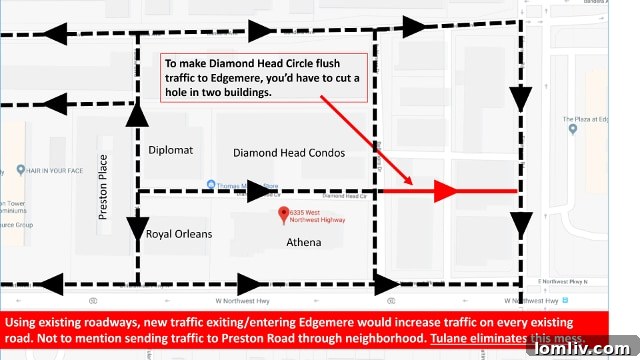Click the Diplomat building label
click(170, 150)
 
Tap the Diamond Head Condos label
click(289, 153)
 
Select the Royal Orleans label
click(180, 234)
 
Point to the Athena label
click(304, 243)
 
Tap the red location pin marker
click(283, 213)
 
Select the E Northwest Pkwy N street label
click(577, 282)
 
